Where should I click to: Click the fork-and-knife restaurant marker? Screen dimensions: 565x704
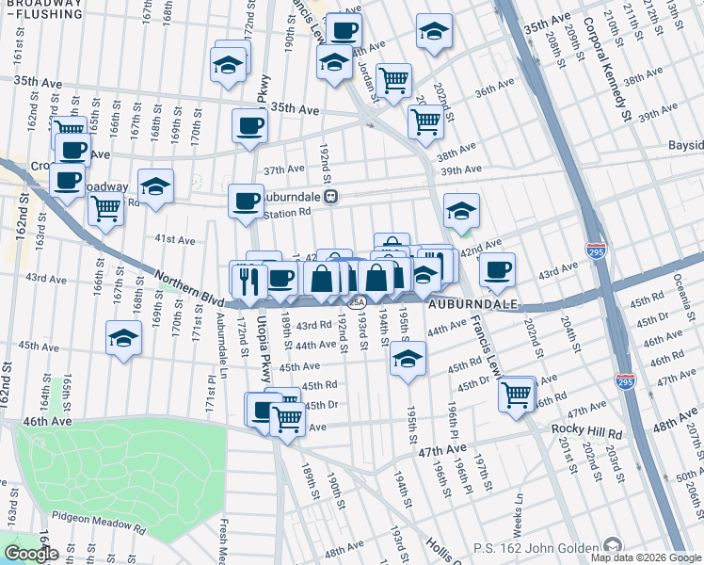point(249,280)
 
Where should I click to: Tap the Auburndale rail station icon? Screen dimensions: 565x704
point(330,197)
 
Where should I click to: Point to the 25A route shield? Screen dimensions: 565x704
point(355,302)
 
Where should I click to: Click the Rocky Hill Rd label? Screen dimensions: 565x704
point(589,431)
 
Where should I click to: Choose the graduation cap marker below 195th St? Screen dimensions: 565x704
point(407,358)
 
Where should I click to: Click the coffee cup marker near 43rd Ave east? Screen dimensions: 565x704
point(497,269)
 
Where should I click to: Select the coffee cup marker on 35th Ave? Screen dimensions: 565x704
point(250,124)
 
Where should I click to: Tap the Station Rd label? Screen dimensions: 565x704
point(286,213)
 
